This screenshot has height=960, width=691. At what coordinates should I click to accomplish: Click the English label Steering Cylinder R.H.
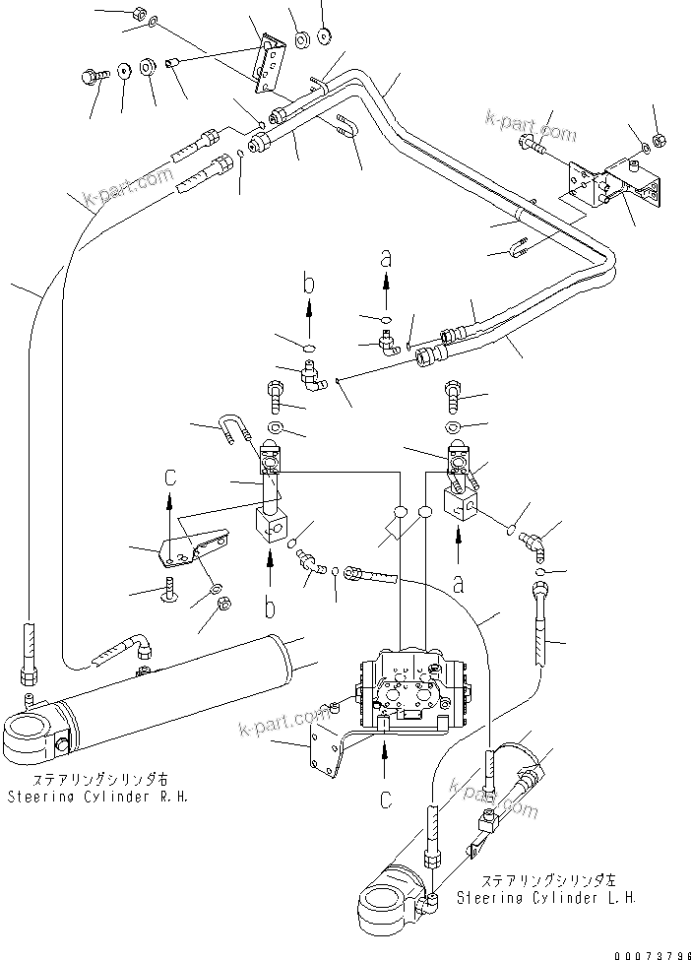coord(95,796)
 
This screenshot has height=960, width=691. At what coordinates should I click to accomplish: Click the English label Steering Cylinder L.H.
coord(545,898)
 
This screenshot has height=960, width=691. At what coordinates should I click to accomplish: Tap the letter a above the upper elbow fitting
coord(386,259)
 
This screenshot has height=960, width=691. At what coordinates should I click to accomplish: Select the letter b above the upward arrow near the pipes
coord(308,286)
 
